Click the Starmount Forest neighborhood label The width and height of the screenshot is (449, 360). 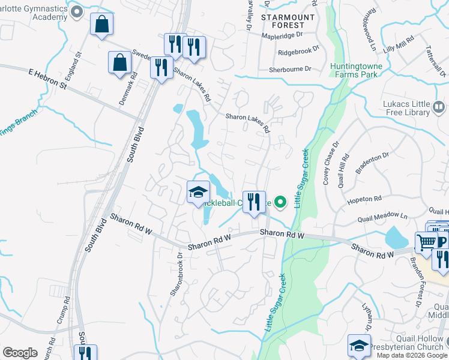click(288, 22)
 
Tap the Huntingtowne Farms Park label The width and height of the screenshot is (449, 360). click(362, 70)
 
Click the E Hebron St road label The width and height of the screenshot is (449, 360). click(48, 79)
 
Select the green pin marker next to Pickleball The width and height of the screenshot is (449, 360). click(280, 202)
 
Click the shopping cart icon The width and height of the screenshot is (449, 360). click(426, 243)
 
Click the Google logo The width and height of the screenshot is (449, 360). click(20, 353)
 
